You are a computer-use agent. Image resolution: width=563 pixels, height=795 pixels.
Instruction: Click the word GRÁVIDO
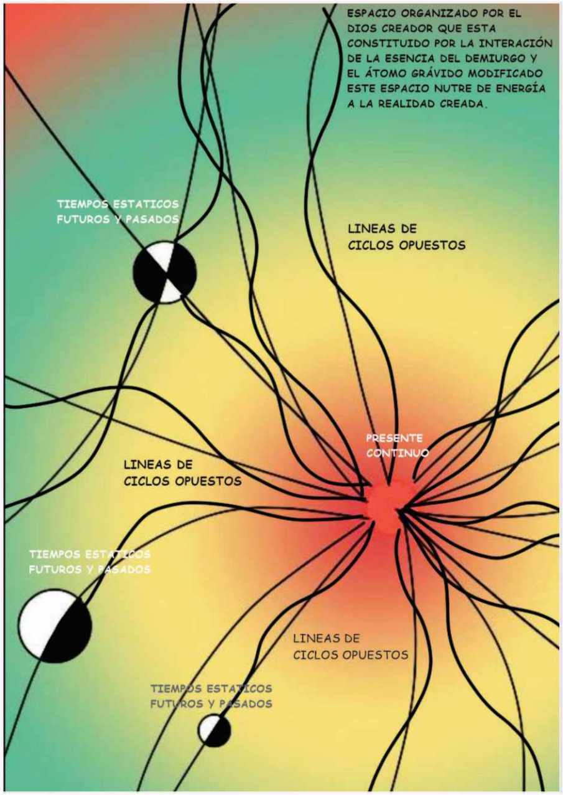(x=440, y=74)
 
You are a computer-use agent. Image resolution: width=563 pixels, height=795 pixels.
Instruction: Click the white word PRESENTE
(x=394, y=438)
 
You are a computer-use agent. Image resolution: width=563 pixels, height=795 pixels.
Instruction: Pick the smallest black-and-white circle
(x=215, y=730)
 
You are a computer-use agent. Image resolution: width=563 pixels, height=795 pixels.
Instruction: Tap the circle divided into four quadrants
(x=165, y=272)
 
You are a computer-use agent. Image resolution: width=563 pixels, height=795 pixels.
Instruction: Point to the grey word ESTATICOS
(x=240, y=689)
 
